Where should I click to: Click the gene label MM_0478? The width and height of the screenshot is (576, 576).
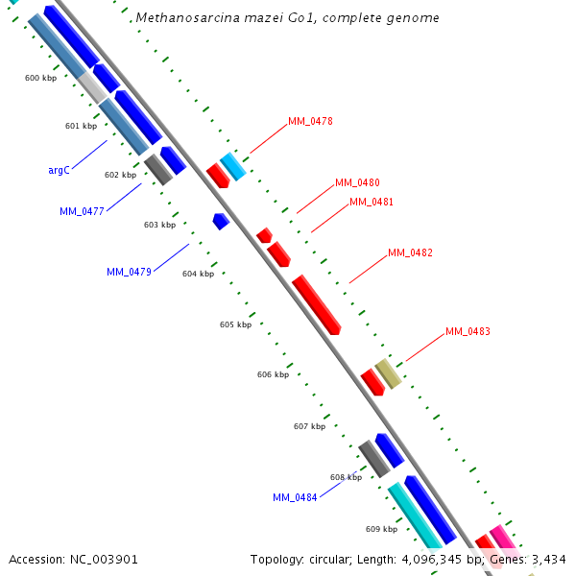coord(310,121)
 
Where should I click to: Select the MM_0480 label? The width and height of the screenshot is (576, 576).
coord(357,182)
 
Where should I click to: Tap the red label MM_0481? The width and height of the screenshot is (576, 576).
coord(372,202)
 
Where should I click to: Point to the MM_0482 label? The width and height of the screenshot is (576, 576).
coord(410,253)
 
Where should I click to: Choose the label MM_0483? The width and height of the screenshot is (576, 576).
coord(468,331)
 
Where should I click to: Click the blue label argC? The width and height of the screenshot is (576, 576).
coord(59,170)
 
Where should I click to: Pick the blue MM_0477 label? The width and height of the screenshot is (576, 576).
coord(81,211)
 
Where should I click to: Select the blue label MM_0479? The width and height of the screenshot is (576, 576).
coord(129,272)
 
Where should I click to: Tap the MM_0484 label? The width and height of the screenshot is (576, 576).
coord(295,497)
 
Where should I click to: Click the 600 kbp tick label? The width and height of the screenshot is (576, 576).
coord(40,78)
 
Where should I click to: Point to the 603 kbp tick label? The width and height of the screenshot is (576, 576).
coord(159,225)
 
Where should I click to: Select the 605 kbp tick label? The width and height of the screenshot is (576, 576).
coord(235,324)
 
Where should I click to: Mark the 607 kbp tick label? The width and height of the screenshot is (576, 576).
coord(309,426)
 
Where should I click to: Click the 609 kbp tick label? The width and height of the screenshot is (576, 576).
coord(381,529)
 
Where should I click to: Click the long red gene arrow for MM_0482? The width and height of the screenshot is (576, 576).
coord(317,304)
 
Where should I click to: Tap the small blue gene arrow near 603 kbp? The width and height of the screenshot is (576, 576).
coord(221,221)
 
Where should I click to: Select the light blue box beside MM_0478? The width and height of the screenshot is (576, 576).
coord(233,166)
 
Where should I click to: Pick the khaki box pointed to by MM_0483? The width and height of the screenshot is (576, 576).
coord(388,372)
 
